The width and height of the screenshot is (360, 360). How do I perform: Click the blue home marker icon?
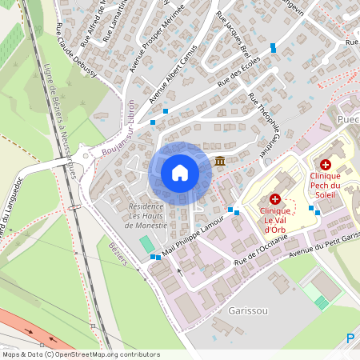pyautogui.click(x=179, y=172)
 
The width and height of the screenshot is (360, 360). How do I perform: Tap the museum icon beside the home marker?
pyautogui.click(x=219, y=162)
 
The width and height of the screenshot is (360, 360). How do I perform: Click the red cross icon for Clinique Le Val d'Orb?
pyautogui.click(x=275, y=198)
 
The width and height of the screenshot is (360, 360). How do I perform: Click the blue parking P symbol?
pyautogui.click(x=350, y=339)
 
